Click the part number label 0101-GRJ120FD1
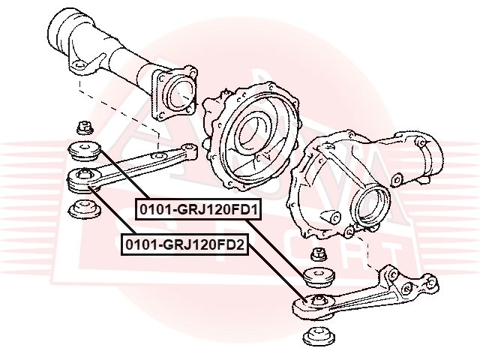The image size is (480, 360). (x=198, y=209)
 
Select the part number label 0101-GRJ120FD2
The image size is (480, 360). (x=185, y=244)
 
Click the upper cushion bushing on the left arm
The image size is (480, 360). (x=84, y=151)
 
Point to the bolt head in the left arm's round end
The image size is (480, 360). (x=83, y=175)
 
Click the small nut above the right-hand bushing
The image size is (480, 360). (x=318, y=254)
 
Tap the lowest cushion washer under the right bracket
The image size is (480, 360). (x=318, y=336)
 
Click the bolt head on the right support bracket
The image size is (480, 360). (x=318, y=300)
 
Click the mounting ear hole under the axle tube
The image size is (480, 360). (x=79, y=65)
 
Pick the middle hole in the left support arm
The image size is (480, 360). (x=159, y=156)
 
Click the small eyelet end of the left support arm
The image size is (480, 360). (x=190, y=148)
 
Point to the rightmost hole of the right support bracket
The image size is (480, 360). (x=432, y=282)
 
